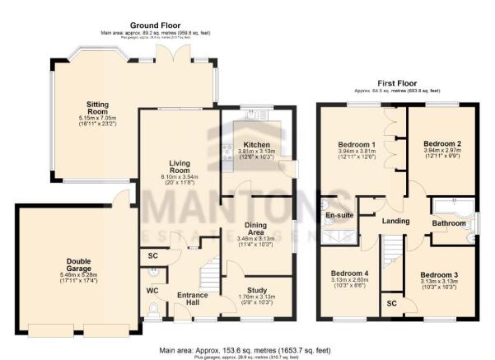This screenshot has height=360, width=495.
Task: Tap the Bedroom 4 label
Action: [x=348, y=273]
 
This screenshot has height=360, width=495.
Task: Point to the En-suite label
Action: [x=339, y=216]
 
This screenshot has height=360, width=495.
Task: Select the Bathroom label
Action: [x=450, y=222]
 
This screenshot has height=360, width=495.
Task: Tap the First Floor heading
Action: [x=398, y=83]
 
